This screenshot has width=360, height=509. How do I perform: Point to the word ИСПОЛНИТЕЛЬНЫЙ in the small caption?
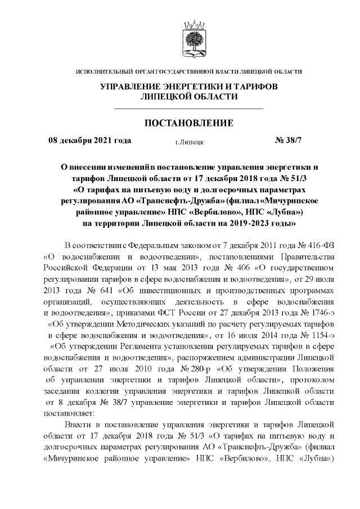[103, 71]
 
